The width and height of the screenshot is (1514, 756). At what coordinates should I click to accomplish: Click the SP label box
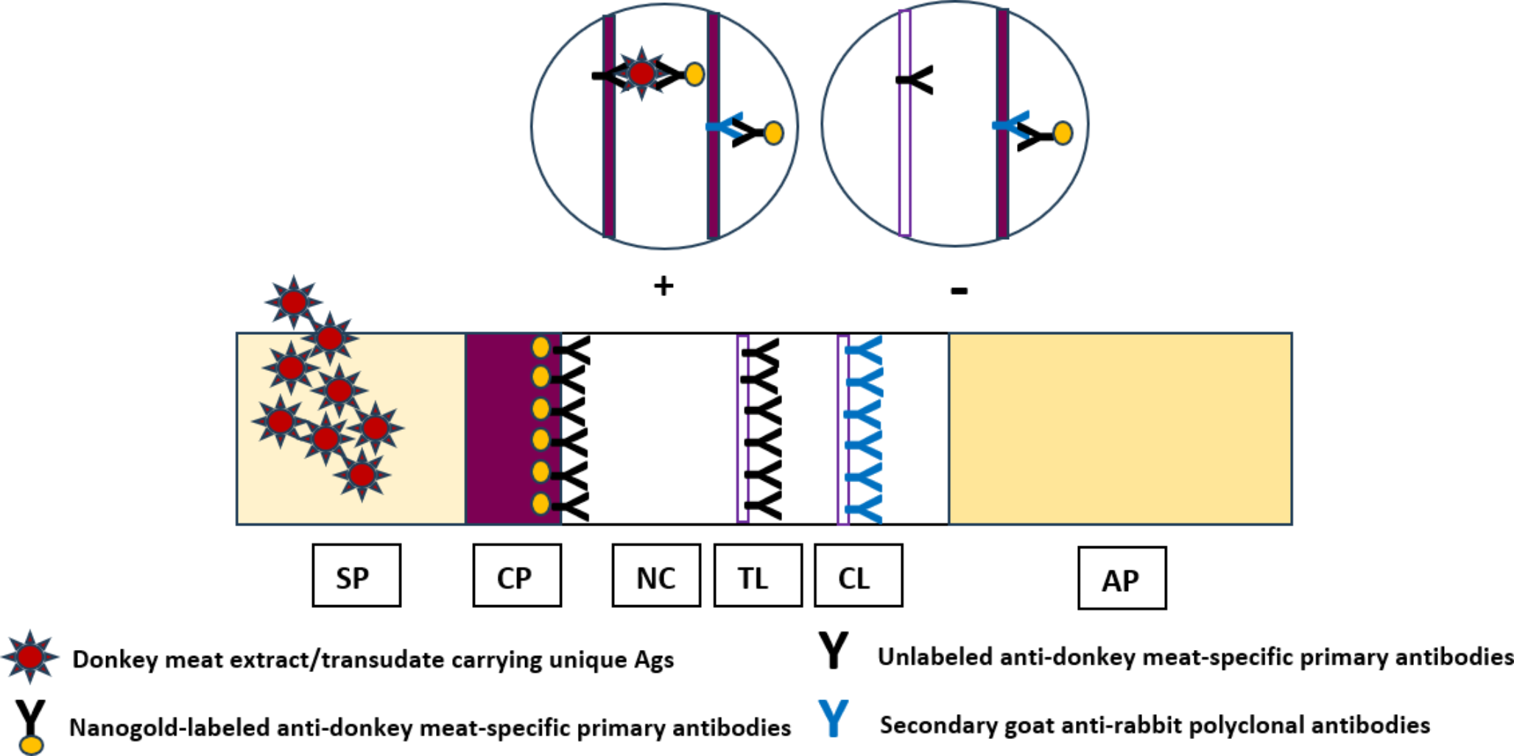coord(356,576)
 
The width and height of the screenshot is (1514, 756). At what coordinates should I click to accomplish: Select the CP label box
coord(517,576)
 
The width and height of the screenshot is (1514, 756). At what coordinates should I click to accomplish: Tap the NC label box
coord(656,576)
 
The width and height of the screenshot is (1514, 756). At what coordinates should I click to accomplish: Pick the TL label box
coord(758,576)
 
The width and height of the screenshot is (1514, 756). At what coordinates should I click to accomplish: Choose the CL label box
coord(858,576)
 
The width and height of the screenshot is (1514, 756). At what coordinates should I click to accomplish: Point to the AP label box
coord(1122,579)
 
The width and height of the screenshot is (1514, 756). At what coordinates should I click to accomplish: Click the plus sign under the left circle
coord(663,286)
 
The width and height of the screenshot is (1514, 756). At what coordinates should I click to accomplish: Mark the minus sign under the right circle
coord(959,291)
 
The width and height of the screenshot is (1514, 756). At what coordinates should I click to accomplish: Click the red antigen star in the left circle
coord(641,73)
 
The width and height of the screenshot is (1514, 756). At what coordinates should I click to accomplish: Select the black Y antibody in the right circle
coord(917,80)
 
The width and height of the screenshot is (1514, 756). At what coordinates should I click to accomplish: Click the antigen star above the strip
coord(294,301)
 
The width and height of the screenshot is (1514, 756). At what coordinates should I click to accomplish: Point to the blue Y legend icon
coord(834,718)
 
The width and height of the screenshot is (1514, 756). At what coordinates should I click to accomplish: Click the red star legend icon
coord(30,657)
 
